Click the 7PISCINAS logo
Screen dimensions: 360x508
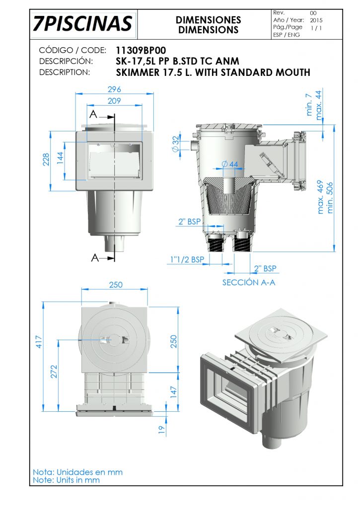click(82, 24)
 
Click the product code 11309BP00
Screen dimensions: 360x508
click(141, 51)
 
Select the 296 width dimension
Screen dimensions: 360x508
click(114, 89)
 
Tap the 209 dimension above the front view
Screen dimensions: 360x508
click(114, 101)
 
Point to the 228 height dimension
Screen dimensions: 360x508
click(46, 159)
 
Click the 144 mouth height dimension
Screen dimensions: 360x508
click(60, 158)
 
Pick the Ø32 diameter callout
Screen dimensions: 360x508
click(175, 143)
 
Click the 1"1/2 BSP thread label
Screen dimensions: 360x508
click(187, 259)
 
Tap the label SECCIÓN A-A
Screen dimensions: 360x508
click(249, 282)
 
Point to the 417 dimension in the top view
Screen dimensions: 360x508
click(39, 342)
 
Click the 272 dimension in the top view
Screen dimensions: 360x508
click(54, 372)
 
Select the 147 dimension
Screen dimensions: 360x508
click(174, 392)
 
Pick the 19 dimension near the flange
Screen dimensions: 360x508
click(161, 429)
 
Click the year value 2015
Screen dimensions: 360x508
click(316, 20)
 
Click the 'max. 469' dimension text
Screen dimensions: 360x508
click(320, 197)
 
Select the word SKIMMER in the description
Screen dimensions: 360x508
click(138, 72)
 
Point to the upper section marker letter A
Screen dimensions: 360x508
click(93, 115)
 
